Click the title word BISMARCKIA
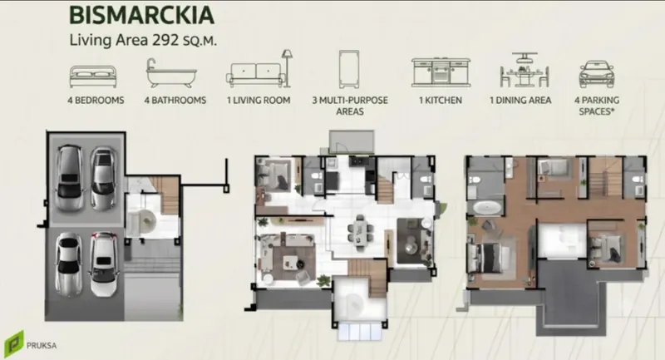click(141, 15)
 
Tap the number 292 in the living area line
click(165, 40)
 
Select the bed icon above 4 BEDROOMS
click(93, 76)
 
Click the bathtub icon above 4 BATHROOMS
click(171, 73)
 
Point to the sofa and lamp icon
click(259, 69)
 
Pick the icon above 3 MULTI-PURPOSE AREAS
click(349, 69)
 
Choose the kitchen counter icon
click(441, 72)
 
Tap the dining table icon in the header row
click(525, 70)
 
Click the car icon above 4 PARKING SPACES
click(597, 74)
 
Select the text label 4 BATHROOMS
click(175, 101)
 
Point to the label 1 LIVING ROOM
click(259, 101)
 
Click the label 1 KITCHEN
click(441, 101)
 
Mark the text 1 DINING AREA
click(520, 101)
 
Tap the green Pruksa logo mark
click(14, 344)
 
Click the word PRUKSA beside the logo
click(42, 346)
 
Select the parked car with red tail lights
click(103, 264)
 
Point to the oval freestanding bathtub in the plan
click(486, 208)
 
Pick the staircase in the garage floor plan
click(169, 196)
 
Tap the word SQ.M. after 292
click(199, 41)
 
